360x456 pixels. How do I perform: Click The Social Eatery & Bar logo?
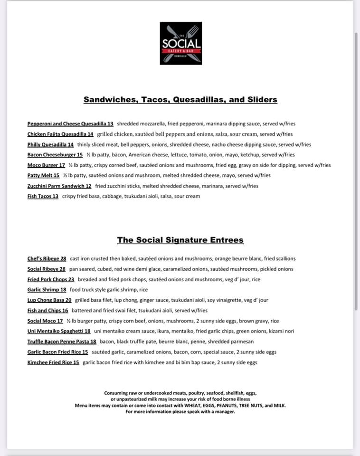pyautogui.click(x=180, y=43)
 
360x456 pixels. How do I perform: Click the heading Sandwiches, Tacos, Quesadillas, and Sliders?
pyautogui.click(x=180, y=100)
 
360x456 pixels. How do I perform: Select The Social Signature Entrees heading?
pyautogui.click(x=180, y=240)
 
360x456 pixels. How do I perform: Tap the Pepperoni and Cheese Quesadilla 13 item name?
pyautogui.click(x=70, y=123)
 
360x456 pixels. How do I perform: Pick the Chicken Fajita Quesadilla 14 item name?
pyautogui.click(x=60, y=134)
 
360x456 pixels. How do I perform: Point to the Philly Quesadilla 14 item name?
pyautogui.click(x=50, y=144)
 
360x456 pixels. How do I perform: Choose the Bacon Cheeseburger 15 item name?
pyautogui.click(x=55, y=155)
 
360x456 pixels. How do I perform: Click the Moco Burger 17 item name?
pyautogui.click(x=46, y=165)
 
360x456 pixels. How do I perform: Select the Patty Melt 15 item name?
pyautogui.click(x=43, y=175)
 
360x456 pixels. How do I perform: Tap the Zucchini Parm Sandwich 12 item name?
pyautogui.click(x=59, y=186)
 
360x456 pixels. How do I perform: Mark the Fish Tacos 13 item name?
pyautogui.click(x=43, y=196)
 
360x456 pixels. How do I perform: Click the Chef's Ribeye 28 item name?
pyautogui.click(x=47, y=259)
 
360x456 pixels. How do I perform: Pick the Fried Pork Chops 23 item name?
pyautogui.click(x=51, y=280)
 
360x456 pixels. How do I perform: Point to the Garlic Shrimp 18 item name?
pyautogui.click(x=47, y=290)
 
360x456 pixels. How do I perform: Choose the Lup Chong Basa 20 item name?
pyautogui.click(x=49, y=300)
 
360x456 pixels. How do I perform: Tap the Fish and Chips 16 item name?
pyautogui.click(x=47, y=311)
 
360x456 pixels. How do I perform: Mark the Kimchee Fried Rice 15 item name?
pyautogui.click(x=53, y=362)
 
